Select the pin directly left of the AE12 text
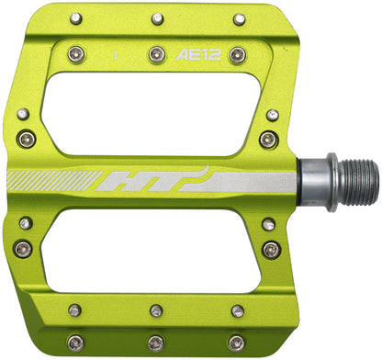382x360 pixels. [156, 54]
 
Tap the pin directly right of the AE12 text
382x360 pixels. [237, 54]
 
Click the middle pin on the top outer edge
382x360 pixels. [158, 18]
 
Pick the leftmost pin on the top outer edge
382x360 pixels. [75, 18]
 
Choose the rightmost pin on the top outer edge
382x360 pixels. [239, 18]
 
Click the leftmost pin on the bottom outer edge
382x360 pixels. [74, 343]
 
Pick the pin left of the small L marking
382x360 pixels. [74, 54]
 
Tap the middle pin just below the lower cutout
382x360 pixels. [157, 310]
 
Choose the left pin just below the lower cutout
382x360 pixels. [74, 310]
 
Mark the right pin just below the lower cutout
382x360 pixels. [238, 310]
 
